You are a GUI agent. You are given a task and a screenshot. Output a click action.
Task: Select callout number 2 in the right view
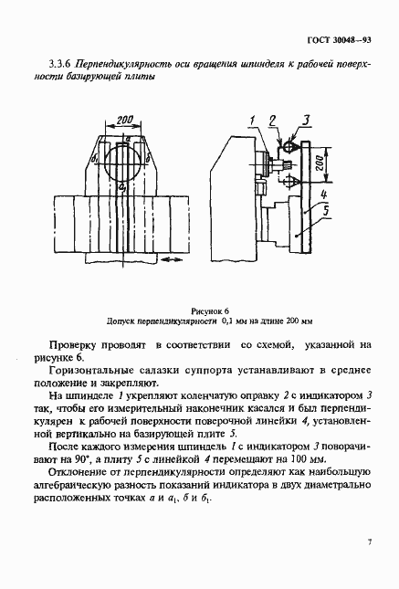tap(271, 120)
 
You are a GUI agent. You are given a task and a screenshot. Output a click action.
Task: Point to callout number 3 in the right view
tap(307, 119)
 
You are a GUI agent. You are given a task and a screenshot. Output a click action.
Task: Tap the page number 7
tap(369, 542)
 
